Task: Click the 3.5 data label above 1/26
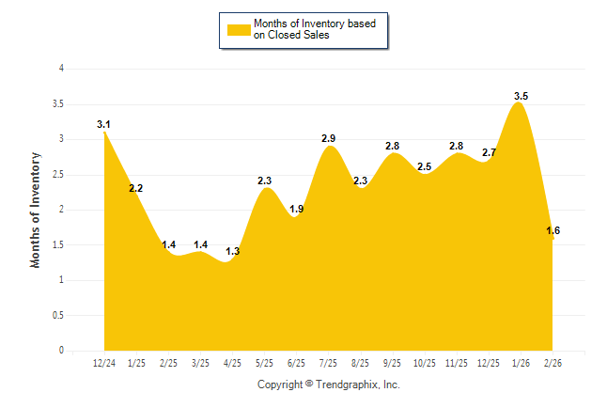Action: pyautogui.click(x=521, y=96)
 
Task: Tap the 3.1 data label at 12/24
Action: pyautogui.click(x=104, y=124)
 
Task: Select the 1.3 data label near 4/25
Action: pyautogui.click(x=233, y=251)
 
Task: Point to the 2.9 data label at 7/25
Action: pyautogui.click(x=328, y=138)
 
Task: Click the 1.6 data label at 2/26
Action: pyautogui.click(x=553, y=230)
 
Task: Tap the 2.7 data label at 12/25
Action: pyautogui.click(x=489, y=152)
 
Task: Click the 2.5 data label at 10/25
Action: pyautogui.click(x=425, y=166)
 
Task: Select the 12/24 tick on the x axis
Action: pyautogui.click(x=104, y=363)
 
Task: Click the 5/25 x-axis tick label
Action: pyautogui.click(x=265, y=363)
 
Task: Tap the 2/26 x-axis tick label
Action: pyautogui.click(x=553, y=363)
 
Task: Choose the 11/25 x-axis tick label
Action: pyautogui.click(x=457, y=363)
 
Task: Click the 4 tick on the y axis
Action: pyautogui.click(x=61, y=69)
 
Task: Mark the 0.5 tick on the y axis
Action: pyautogui.click(x=58, y=315)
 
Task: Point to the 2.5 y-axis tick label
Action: pyautogui.click(x=58, y=174)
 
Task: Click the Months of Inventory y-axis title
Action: pyautogui.click(x=36, y=210)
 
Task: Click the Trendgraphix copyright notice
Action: pyautogui.click(x=329, y=384)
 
